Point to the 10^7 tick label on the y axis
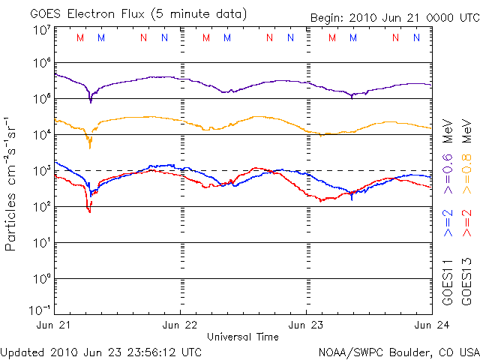(41, 30)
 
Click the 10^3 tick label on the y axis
(41, 170)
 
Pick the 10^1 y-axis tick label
(41, 242)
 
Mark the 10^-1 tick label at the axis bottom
(40, 310)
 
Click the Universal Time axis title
(243, 337)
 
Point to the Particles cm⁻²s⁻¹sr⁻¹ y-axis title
(13, 183)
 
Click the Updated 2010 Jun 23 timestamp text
(101, 351)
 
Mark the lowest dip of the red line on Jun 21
(89, 211)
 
